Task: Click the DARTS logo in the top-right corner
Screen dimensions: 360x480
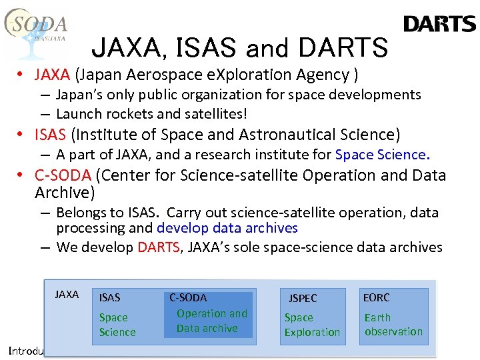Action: coord(439,25)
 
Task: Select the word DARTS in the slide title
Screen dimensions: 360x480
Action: coord(343,48)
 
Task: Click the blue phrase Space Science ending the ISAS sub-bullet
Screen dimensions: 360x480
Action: coord(380,155)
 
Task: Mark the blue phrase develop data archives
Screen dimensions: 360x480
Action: coord(227,228)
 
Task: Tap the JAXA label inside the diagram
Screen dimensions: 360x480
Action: coord(67,295)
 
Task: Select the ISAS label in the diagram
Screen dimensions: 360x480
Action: coord(110,297)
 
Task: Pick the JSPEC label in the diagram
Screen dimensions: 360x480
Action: coord(303,298)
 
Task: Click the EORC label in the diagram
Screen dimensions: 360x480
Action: coord(377,297)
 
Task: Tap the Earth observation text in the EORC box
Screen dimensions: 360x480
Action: coord(393,325)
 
